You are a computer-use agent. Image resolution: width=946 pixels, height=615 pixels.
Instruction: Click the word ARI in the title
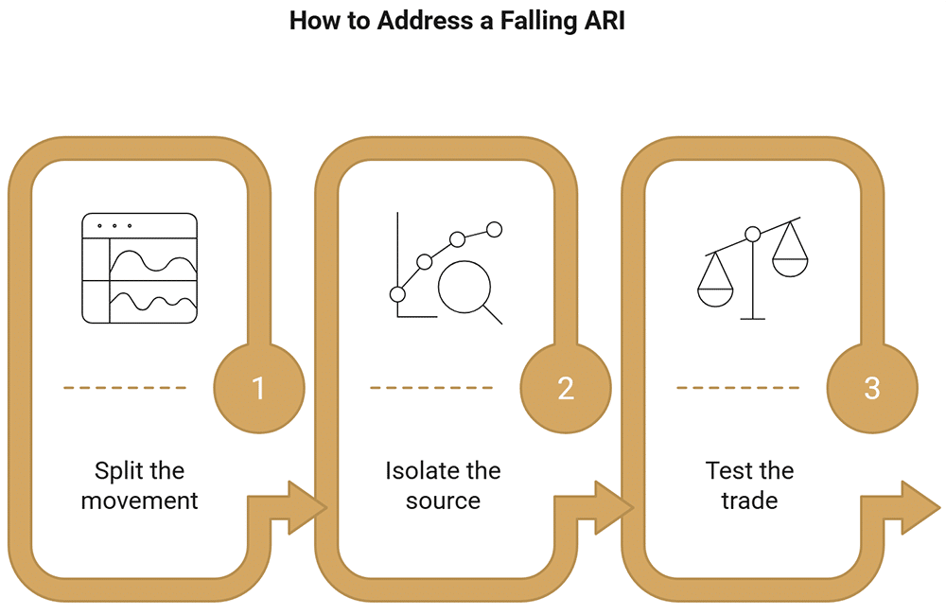tap(604, 21)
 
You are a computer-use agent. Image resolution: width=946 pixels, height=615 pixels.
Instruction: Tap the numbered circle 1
tap(259, 388)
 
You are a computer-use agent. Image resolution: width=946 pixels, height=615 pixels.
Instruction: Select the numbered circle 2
tap(566, 388)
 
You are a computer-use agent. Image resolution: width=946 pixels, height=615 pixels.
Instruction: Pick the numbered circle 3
tap(872, 388)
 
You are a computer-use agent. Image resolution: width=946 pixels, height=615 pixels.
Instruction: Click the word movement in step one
tap(139, 501)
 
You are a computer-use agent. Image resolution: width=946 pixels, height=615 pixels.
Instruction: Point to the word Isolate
tap(417, 471)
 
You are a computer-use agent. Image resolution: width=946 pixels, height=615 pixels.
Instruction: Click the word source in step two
tap(443, 501)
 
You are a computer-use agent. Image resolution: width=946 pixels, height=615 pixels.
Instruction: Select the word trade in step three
tap(749, 501)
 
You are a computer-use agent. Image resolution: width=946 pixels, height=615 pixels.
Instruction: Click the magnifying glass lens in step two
tap(464, 287)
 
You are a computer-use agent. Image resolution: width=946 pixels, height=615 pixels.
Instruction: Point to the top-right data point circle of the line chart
tap(494, 229)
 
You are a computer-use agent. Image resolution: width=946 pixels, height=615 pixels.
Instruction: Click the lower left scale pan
tap(715, 297)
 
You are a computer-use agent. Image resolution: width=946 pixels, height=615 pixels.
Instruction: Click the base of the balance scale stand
tap(752, 318)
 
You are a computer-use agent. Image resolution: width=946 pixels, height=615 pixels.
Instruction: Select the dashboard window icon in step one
tap(139, 268)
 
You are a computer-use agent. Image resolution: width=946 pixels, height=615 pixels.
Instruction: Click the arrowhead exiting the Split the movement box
tap(307, 507)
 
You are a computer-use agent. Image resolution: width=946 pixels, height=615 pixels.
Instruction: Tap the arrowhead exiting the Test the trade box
tap(920, 507)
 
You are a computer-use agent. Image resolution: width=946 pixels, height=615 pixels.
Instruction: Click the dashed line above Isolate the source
tap(431, 388)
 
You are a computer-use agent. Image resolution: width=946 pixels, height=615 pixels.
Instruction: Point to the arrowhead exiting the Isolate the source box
tap(614, 507)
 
